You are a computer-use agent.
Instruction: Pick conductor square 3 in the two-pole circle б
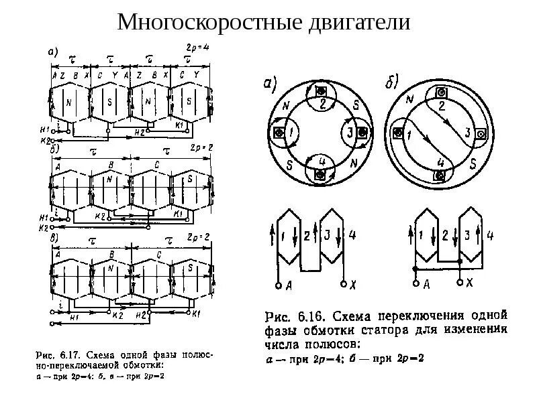481,133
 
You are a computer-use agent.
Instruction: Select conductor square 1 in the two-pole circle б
399,133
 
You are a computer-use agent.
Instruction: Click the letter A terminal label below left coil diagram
289,285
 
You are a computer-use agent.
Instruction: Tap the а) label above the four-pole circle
270,83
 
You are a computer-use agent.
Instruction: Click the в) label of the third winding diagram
56,237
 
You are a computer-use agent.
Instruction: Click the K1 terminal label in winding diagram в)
196,314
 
